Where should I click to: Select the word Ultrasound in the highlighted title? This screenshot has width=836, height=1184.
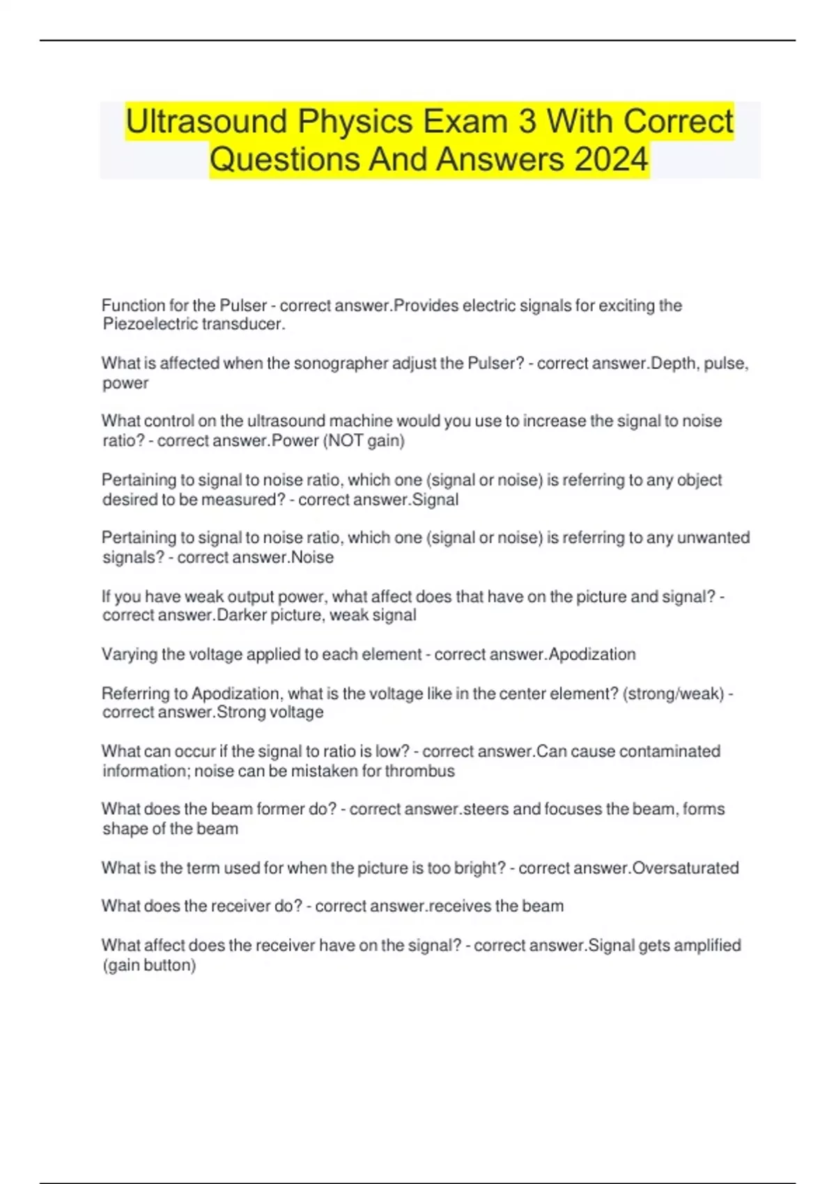(x=206, y=121)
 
